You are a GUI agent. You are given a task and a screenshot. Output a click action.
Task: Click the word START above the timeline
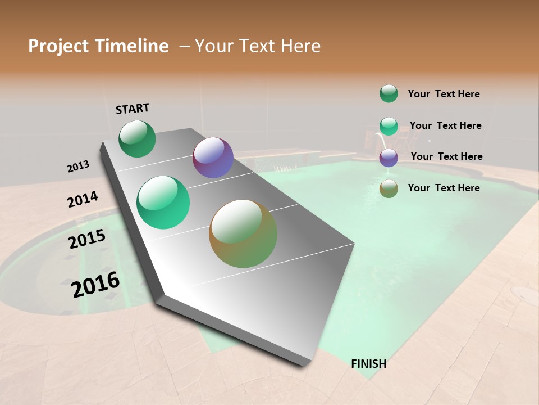point(133,108)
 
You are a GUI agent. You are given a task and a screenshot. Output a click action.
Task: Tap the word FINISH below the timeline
point(368,364)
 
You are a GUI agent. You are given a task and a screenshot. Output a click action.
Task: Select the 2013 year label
point(78,166)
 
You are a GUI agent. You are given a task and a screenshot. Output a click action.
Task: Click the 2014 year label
point(83,199)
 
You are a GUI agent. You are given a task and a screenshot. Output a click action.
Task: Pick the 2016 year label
point(95,285)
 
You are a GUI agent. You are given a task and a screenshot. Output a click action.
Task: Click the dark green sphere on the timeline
point(137,139)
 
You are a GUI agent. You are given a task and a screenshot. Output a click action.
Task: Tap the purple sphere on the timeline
point(213,157)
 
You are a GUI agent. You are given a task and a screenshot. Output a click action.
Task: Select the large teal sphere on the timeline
point(163,202)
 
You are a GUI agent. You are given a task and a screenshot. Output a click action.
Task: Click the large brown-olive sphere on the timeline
point(243,233)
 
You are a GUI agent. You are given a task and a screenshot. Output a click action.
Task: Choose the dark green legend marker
point(389,94)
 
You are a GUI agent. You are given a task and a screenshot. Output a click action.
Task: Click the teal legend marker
point(389,126)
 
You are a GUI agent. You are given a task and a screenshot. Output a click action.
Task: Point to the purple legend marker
point(389,157)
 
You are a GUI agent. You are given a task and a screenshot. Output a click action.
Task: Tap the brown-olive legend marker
point(389,188)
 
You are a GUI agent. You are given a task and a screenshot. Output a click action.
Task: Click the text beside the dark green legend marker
point(444,94)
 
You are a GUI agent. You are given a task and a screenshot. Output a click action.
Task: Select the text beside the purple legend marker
point(446,156)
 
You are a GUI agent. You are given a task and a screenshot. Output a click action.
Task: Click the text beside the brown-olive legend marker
point(444,188)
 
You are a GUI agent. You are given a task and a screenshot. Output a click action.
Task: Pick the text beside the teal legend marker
point(445,125)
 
